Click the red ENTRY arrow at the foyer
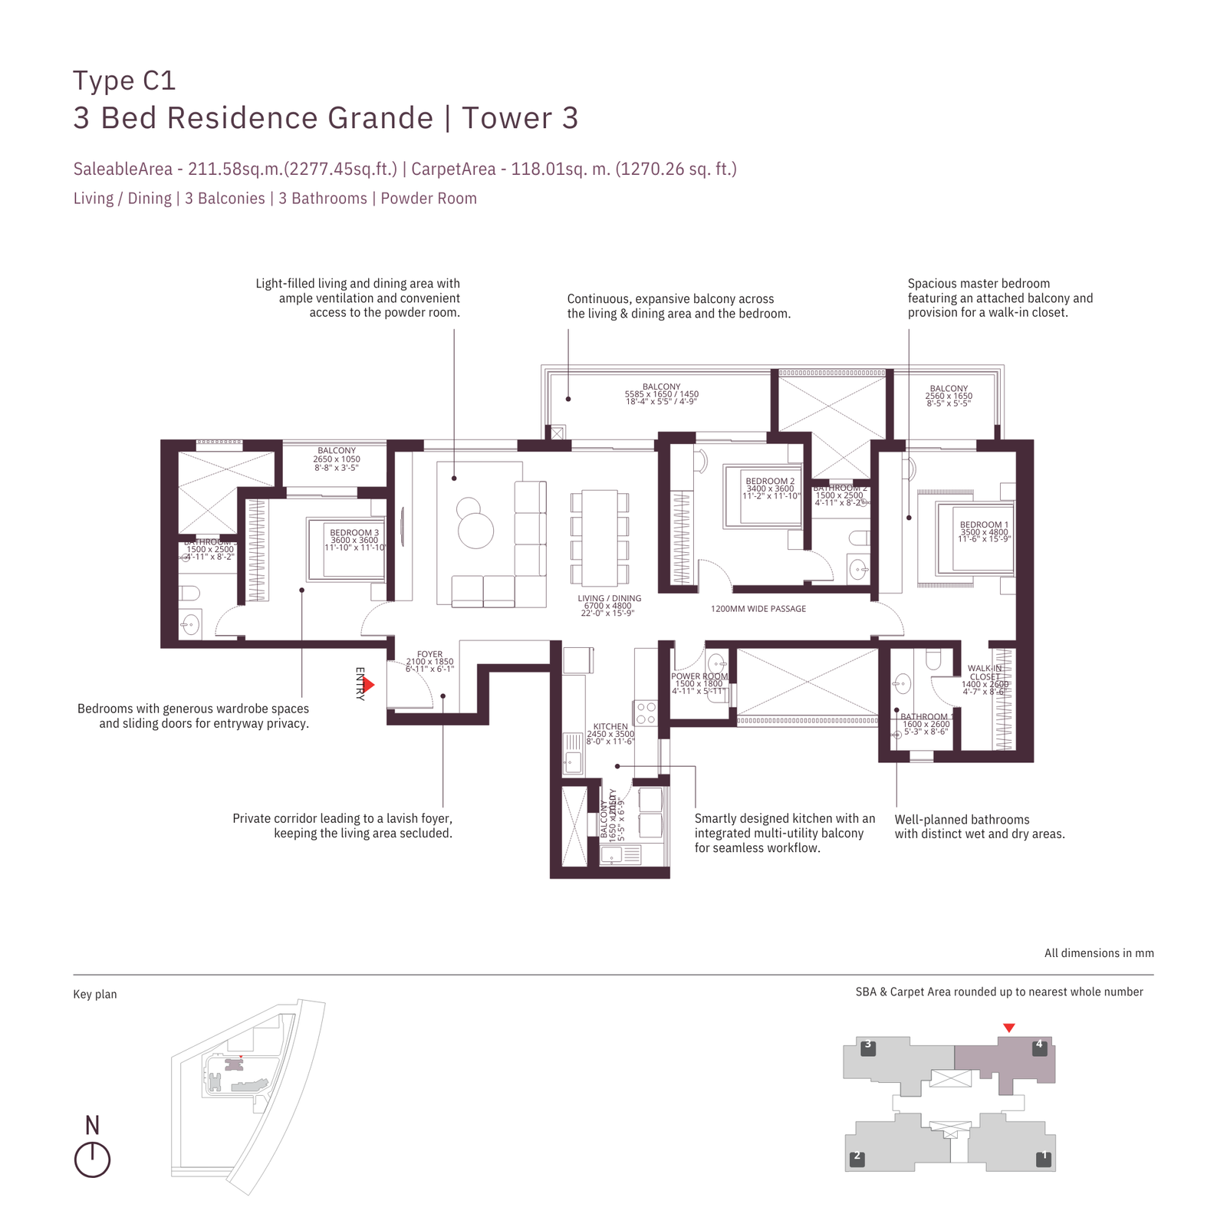click(368, 684)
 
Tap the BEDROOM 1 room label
click(984, 525)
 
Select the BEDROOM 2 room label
click(770, 482)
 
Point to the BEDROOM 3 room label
click(354, 533)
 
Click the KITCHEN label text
click(610, 726)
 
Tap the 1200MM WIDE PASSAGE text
click(758, 609)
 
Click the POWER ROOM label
click(699, 676)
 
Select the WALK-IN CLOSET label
click(985, 673)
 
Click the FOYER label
click(429, 655)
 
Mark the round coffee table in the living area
click(475, 529)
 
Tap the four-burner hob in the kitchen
click(645, 713)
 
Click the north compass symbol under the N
click(92, 1160)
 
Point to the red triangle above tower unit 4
click(1009, 1028)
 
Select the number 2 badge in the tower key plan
click(857, 1159)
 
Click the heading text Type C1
click(124, 81)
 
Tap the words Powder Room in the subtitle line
click(429, 199)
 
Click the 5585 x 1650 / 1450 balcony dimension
click(661, 394)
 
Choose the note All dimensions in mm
click(1098, 953)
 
